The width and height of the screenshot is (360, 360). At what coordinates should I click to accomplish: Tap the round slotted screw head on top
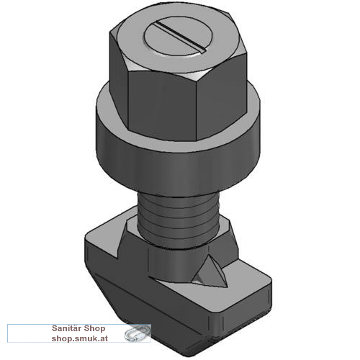click(178, 37)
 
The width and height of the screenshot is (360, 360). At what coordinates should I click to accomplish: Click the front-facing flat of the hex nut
click(163, 106)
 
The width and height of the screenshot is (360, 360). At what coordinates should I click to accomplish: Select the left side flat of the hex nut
click(119, 77)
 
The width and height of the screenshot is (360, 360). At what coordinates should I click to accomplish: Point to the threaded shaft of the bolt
click(178, 216)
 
